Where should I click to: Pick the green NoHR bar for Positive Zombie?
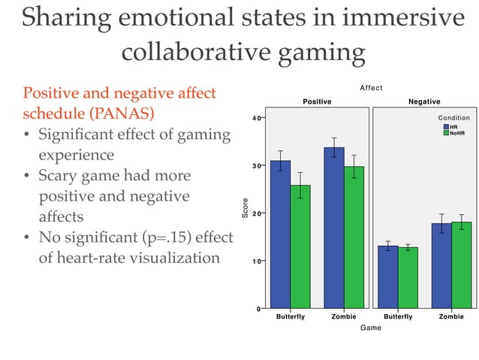(x=354, y=237)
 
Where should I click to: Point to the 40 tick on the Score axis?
(x=256, y=118)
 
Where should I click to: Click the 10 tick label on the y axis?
(x=256, y=262)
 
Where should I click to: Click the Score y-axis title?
(x=244, y=208)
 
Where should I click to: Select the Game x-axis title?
(x=371, y=328)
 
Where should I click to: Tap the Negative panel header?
(x=424, y=101)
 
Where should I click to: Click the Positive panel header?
(x=317, y=101)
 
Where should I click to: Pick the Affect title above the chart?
(x=371, y=89)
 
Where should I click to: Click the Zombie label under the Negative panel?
(x=451, y=317)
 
